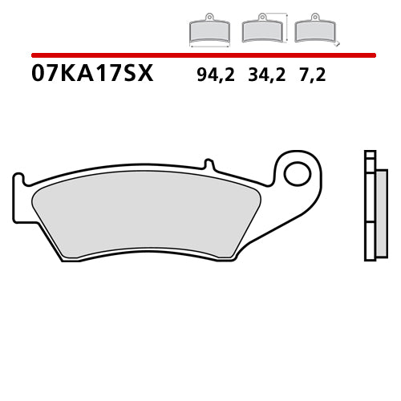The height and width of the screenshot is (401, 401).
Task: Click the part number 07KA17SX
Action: pyautogui.click(x=91, y=75)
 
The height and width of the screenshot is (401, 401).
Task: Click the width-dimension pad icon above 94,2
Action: pyautogui.click(x=209, y=32)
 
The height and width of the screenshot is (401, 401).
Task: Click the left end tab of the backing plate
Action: pyautogui.click(x=19, y=196)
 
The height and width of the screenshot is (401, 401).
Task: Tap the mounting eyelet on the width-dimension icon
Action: pyautogui.click(x=209, y=16)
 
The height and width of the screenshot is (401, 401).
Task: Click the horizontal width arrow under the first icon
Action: pyautogui.click(x=209, y=46)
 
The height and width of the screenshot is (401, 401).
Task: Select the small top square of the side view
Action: pyautogui.click(x=369, y=155)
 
